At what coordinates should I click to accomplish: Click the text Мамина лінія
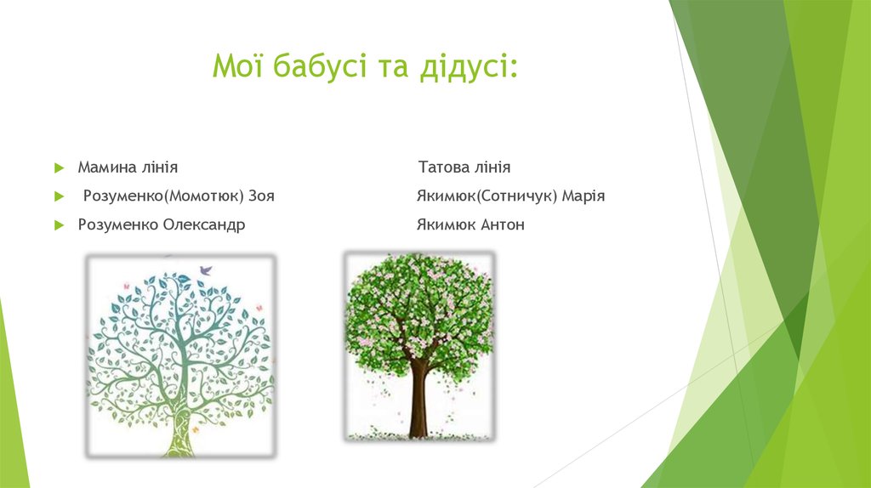[x=128, y=167]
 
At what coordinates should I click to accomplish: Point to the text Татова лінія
[x=464, y=167]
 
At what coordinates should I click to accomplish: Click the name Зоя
[x=262, y=196]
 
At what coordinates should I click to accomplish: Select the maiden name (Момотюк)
[x=203, y=196]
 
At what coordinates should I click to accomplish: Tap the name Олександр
[x=204, y=225]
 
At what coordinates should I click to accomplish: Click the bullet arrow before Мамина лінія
[x=59, y=167]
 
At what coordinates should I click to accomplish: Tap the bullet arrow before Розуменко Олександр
[x=59, y=225]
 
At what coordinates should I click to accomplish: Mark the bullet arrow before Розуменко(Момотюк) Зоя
[x=59, y=196]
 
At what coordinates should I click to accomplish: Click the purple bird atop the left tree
[x=205, y=270]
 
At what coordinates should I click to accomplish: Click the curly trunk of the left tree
[x=181, y=417]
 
